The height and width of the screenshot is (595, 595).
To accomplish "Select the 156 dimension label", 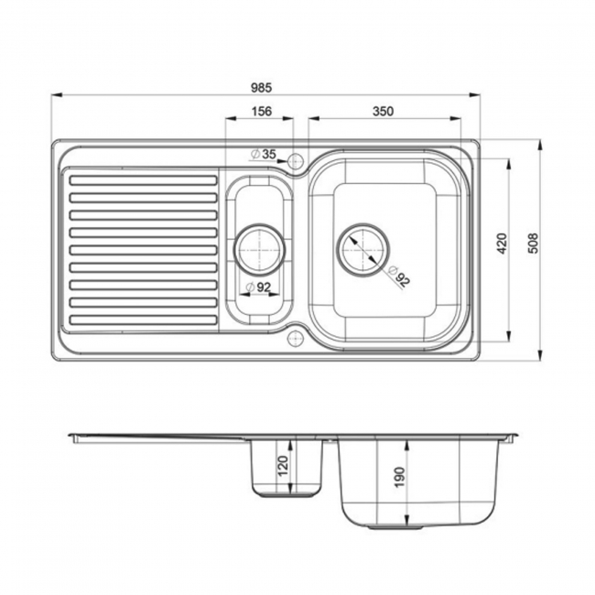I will tap(262, 112).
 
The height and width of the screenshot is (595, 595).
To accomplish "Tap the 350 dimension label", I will tap(383, 112).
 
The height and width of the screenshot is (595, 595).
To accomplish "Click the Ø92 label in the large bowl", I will tap(398, 276).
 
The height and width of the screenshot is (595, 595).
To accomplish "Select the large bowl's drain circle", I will tap(364, 246).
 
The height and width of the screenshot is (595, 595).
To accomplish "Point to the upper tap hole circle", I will tap(296, 161).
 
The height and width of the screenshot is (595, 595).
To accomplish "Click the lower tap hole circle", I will tap(296, 338).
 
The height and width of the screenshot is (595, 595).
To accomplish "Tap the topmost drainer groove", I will tap(142, 178).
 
